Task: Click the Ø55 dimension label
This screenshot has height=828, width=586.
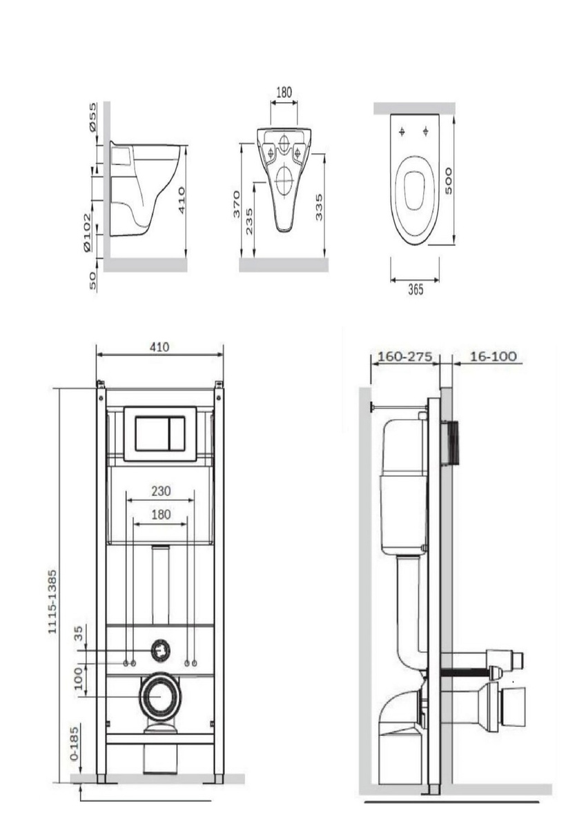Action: click(92, 117)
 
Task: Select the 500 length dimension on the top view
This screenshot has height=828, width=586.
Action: click(448, 181)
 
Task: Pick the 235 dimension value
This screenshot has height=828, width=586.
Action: click(249, 221)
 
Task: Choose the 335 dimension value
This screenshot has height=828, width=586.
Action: click(319, 208)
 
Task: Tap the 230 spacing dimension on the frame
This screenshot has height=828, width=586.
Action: click(161, 491)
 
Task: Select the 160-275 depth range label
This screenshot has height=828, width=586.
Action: click(404, 357)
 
